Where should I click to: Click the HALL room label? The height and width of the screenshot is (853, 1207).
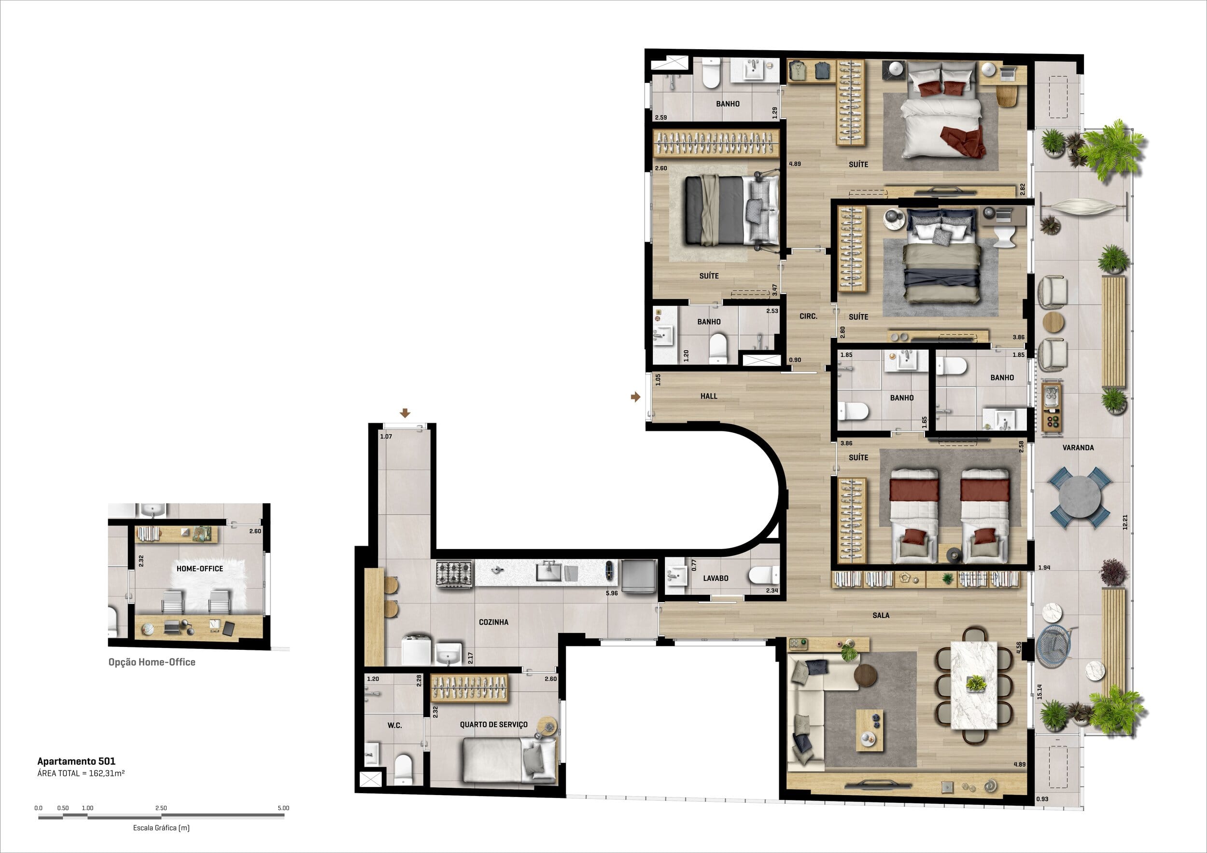(709, 396)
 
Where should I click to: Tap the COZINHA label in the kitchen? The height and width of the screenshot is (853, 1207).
(493, 622)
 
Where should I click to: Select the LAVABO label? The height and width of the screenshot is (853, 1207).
(716, 578)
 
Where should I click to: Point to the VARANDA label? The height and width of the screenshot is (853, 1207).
(1078, 448)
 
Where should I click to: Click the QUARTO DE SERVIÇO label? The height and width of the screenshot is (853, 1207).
(493, 724)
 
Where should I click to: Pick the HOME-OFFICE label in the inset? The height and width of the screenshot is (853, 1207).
(200, 568)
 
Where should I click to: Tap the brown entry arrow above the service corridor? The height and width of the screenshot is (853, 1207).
(405, 413)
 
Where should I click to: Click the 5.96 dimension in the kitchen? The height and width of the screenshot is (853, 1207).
(611, 593)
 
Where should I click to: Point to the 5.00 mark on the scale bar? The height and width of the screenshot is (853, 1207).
(283, 808)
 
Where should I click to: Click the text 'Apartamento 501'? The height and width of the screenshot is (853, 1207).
(76, 761)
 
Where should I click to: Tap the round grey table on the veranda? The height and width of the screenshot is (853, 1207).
(1079, 497)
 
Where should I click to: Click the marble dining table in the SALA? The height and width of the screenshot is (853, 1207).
(974, 686)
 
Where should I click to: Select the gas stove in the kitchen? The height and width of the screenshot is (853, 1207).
(455, 574)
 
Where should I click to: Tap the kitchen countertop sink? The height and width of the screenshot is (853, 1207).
(549, 571)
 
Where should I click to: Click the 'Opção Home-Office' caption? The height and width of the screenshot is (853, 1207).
(152, 662)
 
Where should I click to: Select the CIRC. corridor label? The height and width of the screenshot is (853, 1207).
(808, 316)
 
